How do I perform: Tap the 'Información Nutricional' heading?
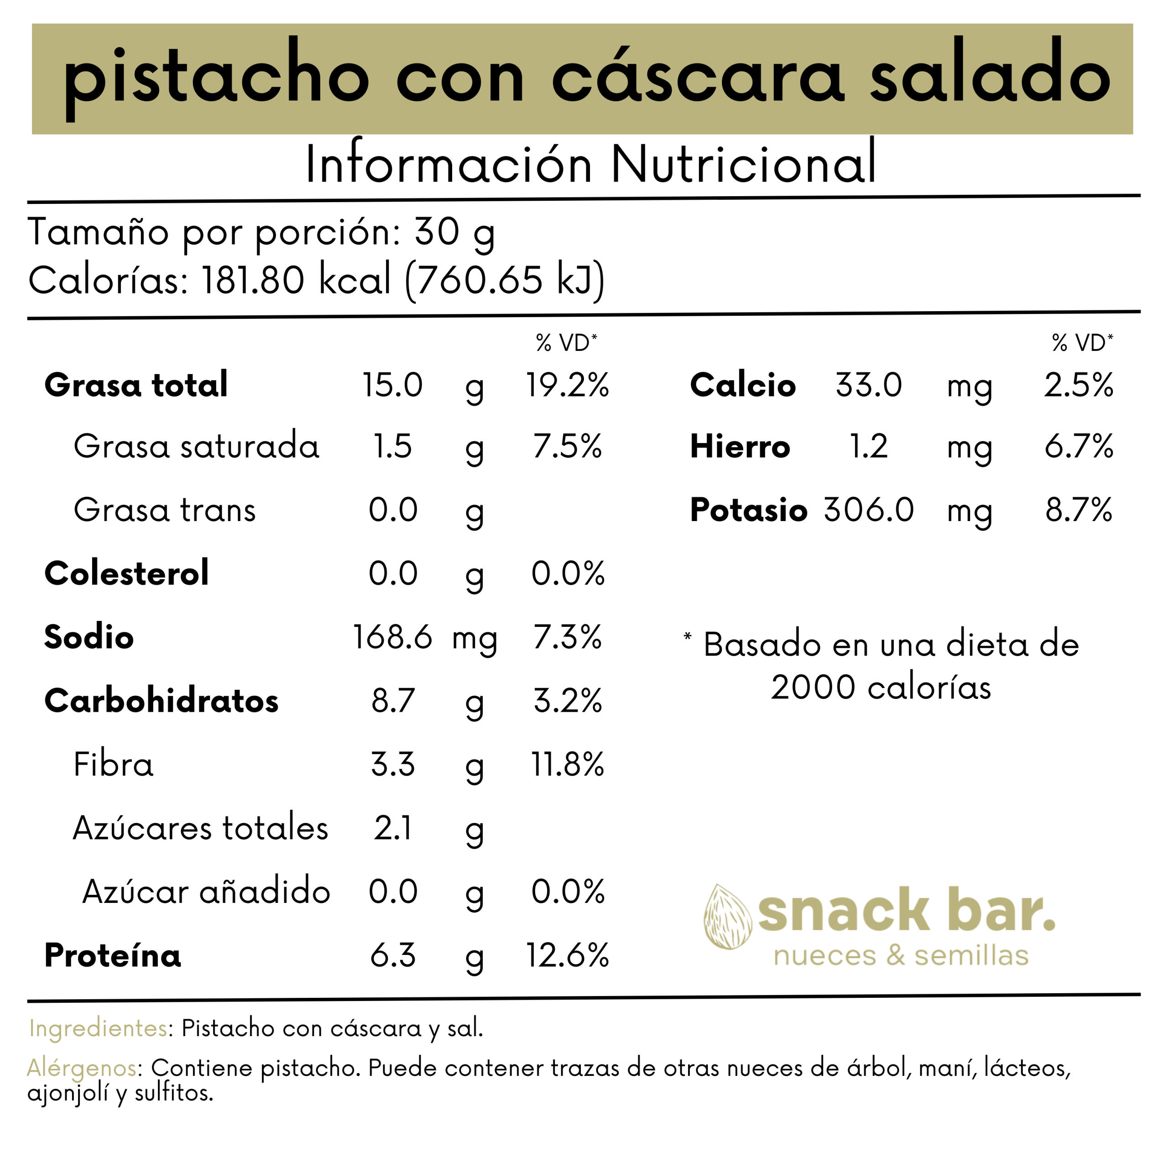coord(590,164)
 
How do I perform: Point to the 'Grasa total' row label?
coord(136,385)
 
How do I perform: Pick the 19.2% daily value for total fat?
coord(567,385)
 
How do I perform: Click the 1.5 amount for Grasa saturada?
coord(392,447)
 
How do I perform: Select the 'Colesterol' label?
coord(126,573)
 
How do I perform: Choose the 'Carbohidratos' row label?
coord(162,701)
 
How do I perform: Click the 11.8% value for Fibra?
coord(567,764)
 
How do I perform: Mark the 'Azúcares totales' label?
coord(200,828)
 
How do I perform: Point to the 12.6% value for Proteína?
coord(567,955)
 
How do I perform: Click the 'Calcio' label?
coord(742,385)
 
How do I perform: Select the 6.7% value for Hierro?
coord(1079,447)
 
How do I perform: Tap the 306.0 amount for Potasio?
coord(868,510)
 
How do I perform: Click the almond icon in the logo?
coord(727,917)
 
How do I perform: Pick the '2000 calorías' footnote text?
coord(881,688)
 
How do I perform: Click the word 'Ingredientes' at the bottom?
coord(99,1028)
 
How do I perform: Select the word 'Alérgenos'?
coord(82,1068)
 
